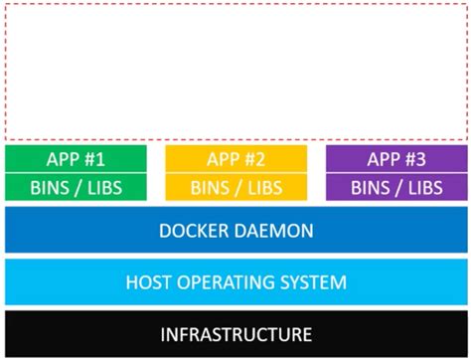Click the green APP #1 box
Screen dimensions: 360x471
[76, 159]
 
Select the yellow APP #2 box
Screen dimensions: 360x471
[235, 159]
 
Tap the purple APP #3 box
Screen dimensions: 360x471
[395, 159]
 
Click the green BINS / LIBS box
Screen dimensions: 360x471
[76, 187]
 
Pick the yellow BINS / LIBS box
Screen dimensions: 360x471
[235, 187]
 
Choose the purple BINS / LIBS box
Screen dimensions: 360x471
[395, 187]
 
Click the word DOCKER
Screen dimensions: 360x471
[194, 232]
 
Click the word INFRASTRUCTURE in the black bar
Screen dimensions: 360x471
[235, 333]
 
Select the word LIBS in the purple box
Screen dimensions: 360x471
[422, 187]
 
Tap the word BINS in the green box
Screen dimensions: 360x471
[52, 187]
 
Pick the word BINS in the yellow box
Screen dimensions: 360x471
[211, 187]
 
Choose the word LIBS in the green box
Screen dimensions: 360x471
[102, 187]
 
